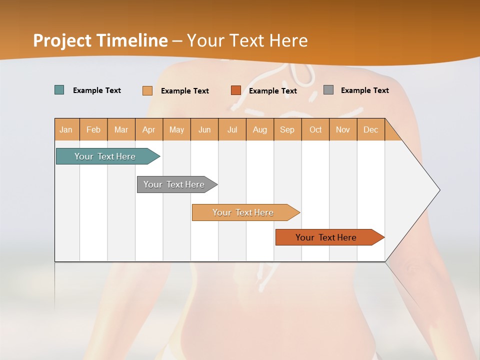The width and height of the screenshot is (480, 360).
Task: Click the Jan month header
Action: (66, 129)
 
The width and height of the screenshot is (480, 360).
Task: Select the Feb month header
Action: (93, 129)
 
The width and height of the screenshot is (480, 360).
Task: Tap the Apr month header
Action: (149, 129)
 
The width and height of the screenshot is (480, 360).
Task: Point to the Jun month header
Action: (204, 129)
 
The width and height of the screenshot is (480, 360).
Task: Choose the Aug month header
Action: (260, 129)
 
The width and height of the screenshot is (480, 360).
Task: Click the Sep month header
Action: (287, 129)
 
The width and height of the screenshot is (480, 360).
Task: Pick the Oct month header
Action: (315, 129)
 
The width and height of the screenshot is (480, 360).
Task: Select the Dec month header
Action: (371, 129)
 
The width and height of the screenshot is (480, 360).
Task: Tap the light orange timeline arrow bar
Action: (243, 212)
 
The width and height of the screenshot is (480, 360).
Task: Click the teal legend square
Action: (59, 90)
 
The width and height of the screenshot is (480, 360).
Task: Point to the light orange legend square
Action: (147, 90)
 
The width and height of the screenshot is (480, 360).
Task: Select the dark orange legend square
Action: (236, 90)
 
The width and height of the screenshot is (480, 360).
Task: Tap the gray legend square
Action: (328, 90)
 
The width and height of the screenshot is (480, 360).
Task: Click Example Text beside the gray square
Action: (364, 90)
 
